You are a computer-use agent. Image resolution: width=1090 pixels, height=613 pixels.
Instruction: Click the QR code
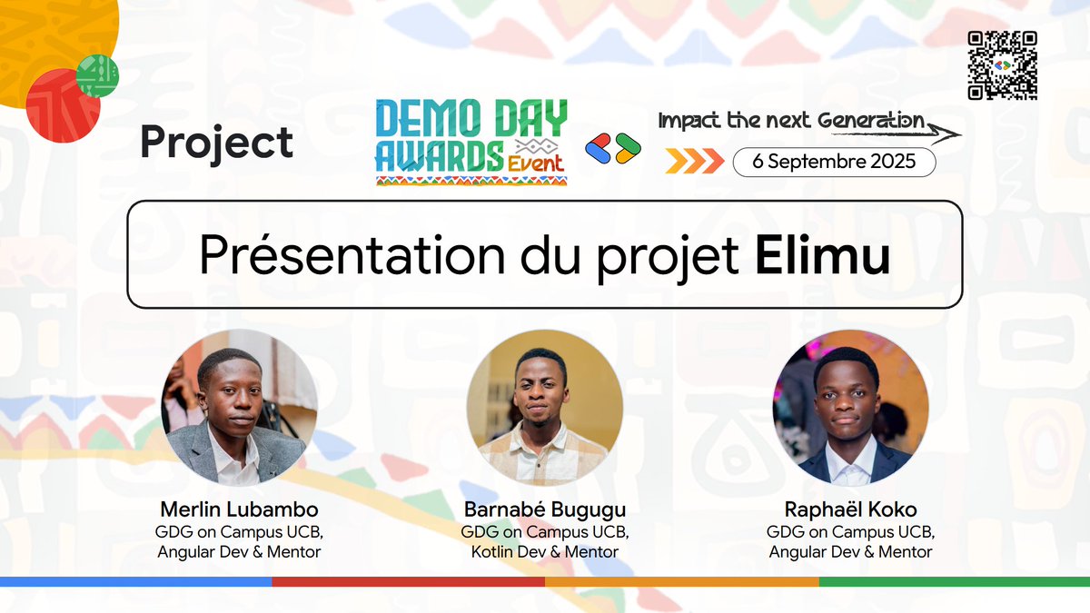[x=1003, y=65]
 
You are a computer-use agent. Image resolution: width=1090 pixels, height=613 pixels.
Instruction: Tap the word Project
[x=217, y=143]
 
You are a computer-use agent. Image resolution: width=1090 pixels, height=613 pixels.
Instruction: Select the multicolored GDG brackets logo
[x=613, y=148]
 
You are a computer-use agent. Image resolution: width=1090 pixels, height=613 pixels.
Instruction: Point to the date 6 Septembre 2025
[x=834, y=162]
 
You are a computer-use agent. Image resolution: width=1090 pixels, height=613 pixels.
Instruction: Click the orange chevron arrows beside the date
[x=694, y=162]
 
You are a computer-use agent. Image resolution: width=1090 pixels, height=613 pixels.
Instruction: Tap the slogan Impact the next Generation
[x=792, y=122]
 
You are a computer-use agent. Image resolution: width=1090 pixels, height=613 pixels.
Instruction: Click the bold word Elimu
[x=823, y=254]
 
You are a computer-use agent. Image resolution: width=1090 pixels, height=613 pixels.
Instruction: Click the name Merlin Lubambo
[x=240, y=509]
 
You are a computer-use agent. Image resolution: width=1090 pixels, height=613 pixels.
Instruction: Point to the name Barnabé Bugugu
[x=545, y=509]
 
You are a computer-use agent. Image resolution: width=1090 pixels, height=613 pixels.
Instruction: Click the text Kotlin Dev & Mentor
[x=545, y=551]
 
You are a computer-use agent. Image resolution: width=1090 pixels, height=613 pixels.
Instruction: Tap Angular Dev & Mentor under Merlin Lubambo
[x=240, y=551]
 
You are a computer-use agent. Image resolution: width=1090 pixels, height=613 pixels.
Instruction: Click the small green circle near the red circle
[x=98, y=76]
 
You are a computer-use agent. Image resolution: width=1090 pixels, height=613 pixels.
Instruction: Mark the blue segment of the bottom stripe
[x=136, y=581]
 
